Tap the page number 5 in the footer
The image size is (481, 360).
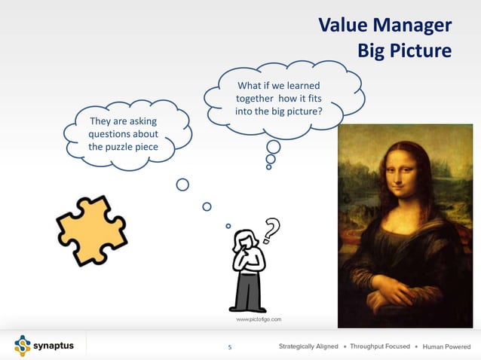230,347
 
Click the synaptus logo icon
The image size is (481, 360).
23,346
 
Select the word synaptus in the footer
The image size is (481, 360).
55,346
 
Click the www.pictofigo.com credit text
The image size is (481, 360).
259,320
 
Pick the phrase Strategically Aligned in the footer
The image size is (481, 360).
308,346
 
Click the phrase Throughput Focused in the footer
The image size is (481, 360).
380,346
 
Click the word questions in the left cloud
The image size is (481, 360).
111,134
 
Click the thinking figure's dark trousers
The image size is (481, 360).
248,292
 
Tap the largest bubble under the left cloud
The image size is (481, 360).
182,185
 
